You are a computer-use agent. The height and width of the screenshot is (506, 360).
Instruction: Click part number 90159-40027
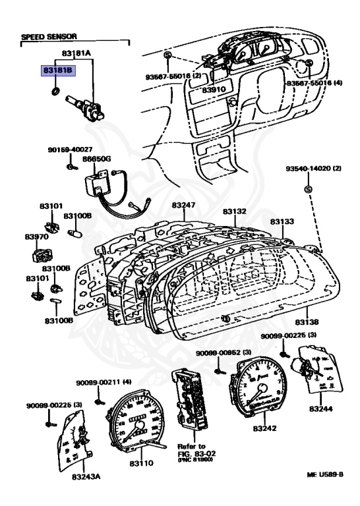click(69, 150)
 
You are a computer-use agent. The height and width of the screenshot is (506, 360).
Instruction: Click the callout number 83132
click(234, 211)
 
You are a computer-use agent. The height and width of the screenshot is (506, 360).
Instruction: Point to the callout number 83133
click(284, 222)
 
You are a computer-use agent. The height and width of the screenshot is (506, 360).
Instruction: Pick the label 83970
click(37, 237)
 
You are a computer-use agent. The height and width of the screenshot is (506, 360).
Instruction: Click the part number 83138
click(307, 322)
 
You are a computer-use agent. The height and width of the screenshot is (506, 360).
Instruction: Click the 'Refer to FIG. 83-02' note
click(192, 451)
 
